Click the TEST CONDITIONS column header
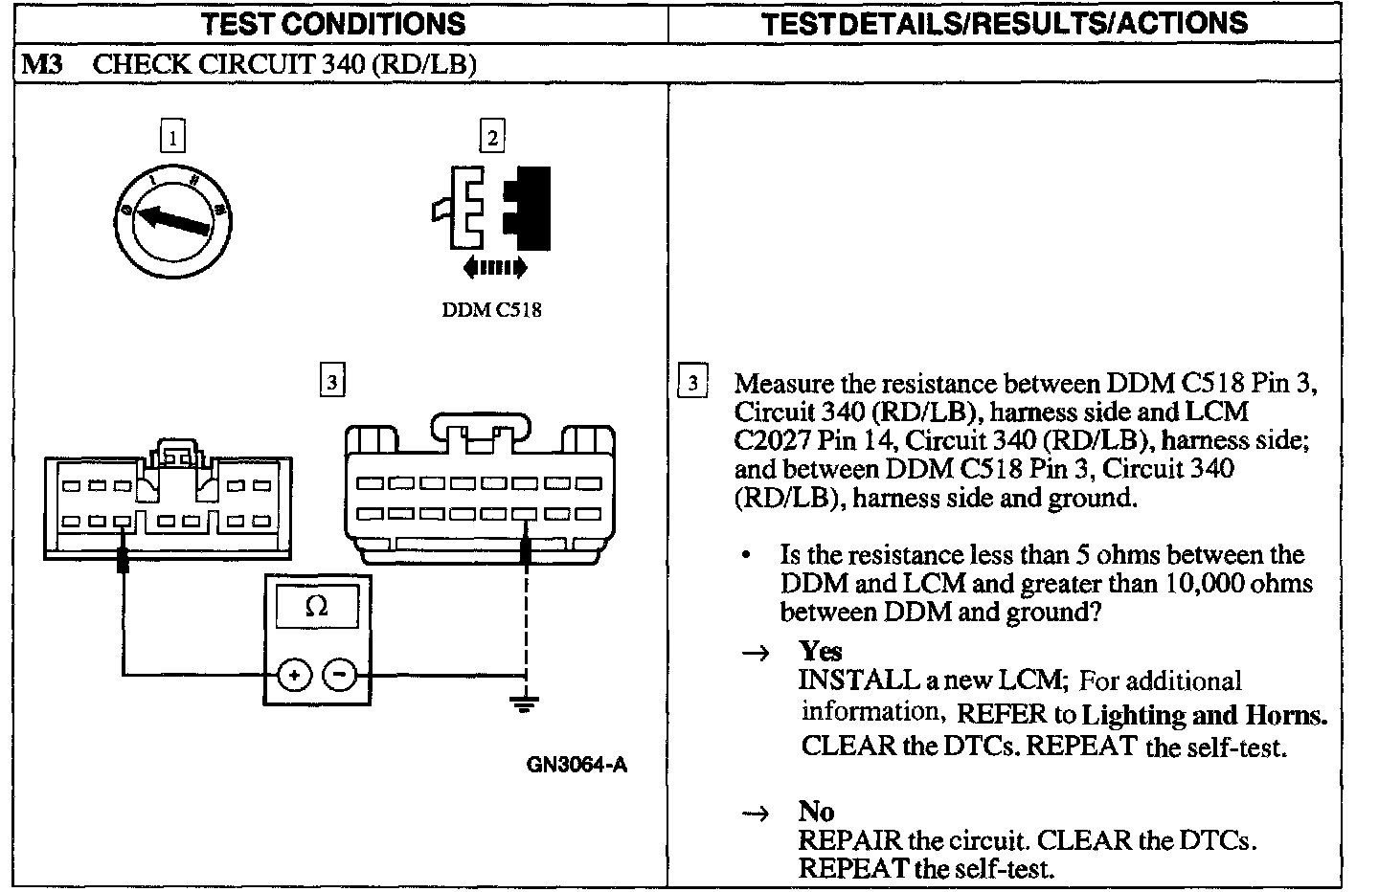(333, 23)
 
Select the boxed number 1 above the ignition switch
(172, 138)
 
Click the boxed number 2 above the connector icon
(491, 138)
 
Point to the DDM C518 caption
(491, 310)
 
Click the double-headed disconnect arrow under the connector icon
(494, 268)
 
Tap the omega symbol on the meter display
(316, 607)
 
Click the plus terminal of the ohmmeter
(294, 676)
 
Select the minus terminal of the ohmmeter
(339, 676)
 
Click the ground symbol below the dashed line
(524, 706)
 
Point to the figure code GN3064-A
(576, 765)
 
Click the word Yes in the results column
(821, 652)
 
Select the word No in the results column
(817, 812)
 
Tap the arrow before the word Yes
(757, 653)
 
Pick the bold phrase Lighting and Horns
(1205, 714)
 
